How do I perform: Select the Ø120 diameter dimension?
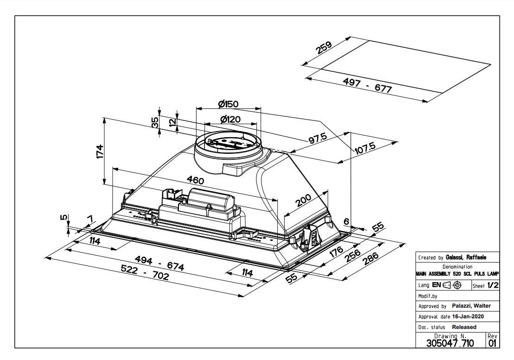point(230,119)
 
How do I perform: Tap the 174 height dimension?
point(100,151)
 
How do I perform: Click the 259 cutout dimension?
point(325,48)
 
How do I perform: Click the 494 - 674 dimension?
point(159,262)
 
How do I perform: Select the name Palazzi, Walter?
point(471,306)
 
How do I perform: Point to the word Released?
point(464,327)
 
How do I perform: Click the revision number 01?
point(492,343)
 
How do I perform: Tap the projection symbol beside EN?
point(452,285)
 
